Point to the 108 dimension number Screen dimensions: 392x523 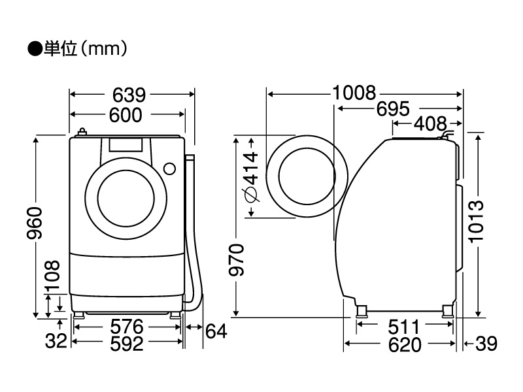point(53,277)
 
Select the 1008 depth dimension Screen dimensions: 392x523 point(354,93)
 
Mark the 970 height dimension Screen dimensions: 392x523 point(239,260)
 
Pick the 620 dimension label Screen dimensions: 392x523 point(401,344)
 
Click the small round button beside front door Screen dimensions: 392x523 point(170,168)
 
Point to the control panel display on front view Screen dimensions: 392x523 point(126,145)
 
